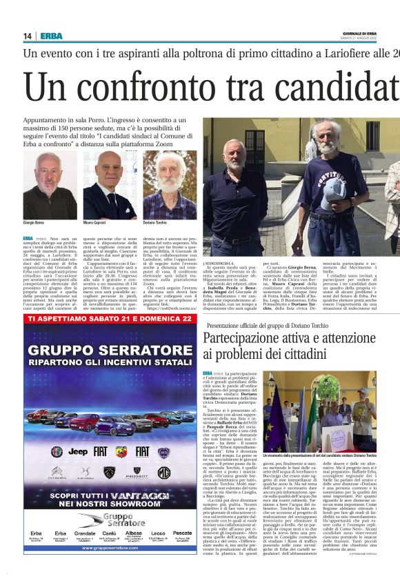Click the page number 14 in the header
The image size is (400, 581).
pyautogui.click(x=28, y=36)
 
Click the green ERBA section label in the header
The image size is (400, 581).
pyautogui.click(x=51, y=36)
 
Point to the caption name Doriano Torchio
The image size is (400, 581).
pyautogui.click(x=154, y=224)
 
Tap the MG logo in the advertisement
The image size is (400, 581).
pyautogui.click(x=163, y=473)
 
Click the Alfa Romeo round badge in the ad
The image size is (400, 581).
pyautogui.click(x=57, y=451)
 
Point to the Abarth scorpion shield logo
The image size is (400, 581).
pyautogui.click(x=121, y=451)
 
